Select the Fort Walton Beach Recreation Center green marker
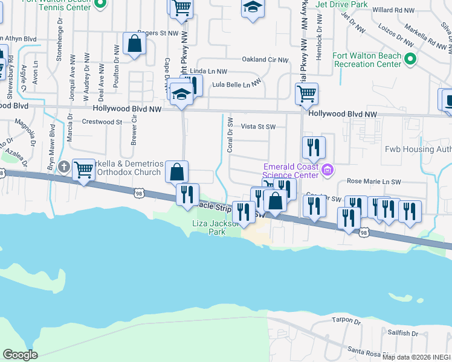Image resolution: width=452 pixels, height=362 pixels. pyautogui.click(x=411, y=59)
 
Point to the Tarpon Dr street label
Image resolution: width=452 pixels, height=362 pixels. pyautogui.click(x=346, y=320)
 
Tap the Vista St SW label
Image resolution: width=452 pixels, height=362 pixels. pyautogui.click(x=259, y=127)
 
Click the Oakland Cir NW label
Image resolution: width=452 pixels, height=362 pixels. pyautogui.click(x=266, y=60)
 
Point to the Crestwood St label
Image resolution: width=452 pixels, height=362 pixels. pyautogui.click(x=103, y=122)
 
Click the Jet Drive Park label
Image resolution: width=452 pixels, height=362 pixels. pyautogui.click(x=341, y=4)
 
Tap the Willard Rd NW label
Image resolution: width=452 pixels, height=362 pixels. pyautogui.click(x=394, y=10)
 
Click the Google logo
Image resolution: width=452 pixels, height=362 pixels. pyautogui.click(x=20, y=355)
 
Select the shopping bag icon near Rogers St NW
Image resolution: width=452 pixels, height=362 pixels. pyautogui.click(x=134, y=43)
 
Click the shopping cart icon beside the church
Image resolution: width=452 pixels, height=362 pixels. pyautogui.click(x=83, y=170)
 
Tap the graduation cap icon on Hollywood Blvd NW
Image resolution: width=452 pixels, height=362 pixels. pyautogui.click(x=181, y=94)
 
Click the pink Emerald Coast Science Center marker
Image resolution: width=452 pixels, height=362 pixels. pyautogui.click(x=328, y=171)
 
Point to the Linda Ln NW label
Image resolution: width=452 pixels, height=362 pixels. pyautogui.click(x=208, y=71)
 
